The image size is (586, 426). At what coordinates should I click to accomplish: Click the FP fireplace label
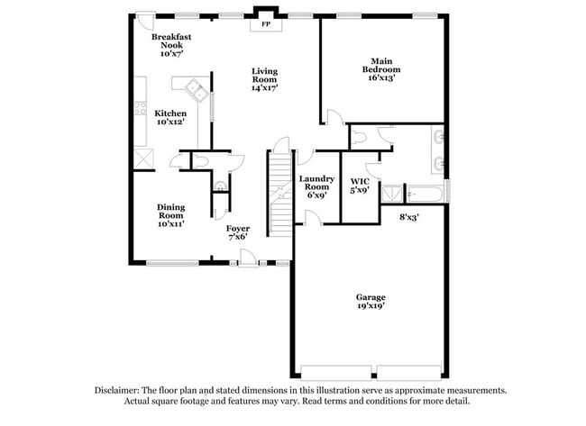click(265, 24)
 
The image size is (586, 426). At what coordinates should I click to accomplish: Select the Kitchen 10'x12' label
click(170, 117)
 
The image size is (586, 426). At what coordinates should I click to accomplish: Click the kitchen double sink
click(194, 88)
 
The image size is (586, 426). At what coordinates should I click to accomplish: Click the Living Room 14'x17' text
click(264, 79)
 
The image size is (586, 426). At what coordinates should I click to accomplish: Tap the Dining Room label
click(170, 214)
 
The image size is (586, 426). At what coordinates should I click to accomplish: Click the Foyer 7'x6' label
click(238, 233)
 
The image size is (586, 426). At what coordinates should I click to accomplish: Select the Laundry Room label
click(317, 186)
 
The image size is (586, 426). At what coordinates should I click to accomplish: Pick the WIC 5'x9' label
click(359, 186)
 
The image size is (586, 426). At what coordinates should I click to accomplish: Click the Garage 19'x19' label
click(370, 302)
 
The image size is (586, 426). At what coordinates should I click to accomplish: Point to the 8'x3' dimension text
click(409, 216)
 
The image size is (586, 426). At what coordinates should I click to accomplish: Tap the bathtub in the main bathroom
click(424, 194)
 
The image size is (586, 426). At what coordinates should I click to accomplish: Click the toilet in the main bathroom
click(359, 136)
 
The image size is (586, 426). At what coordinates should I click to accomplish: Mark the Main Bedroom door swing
click(334, 117)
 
